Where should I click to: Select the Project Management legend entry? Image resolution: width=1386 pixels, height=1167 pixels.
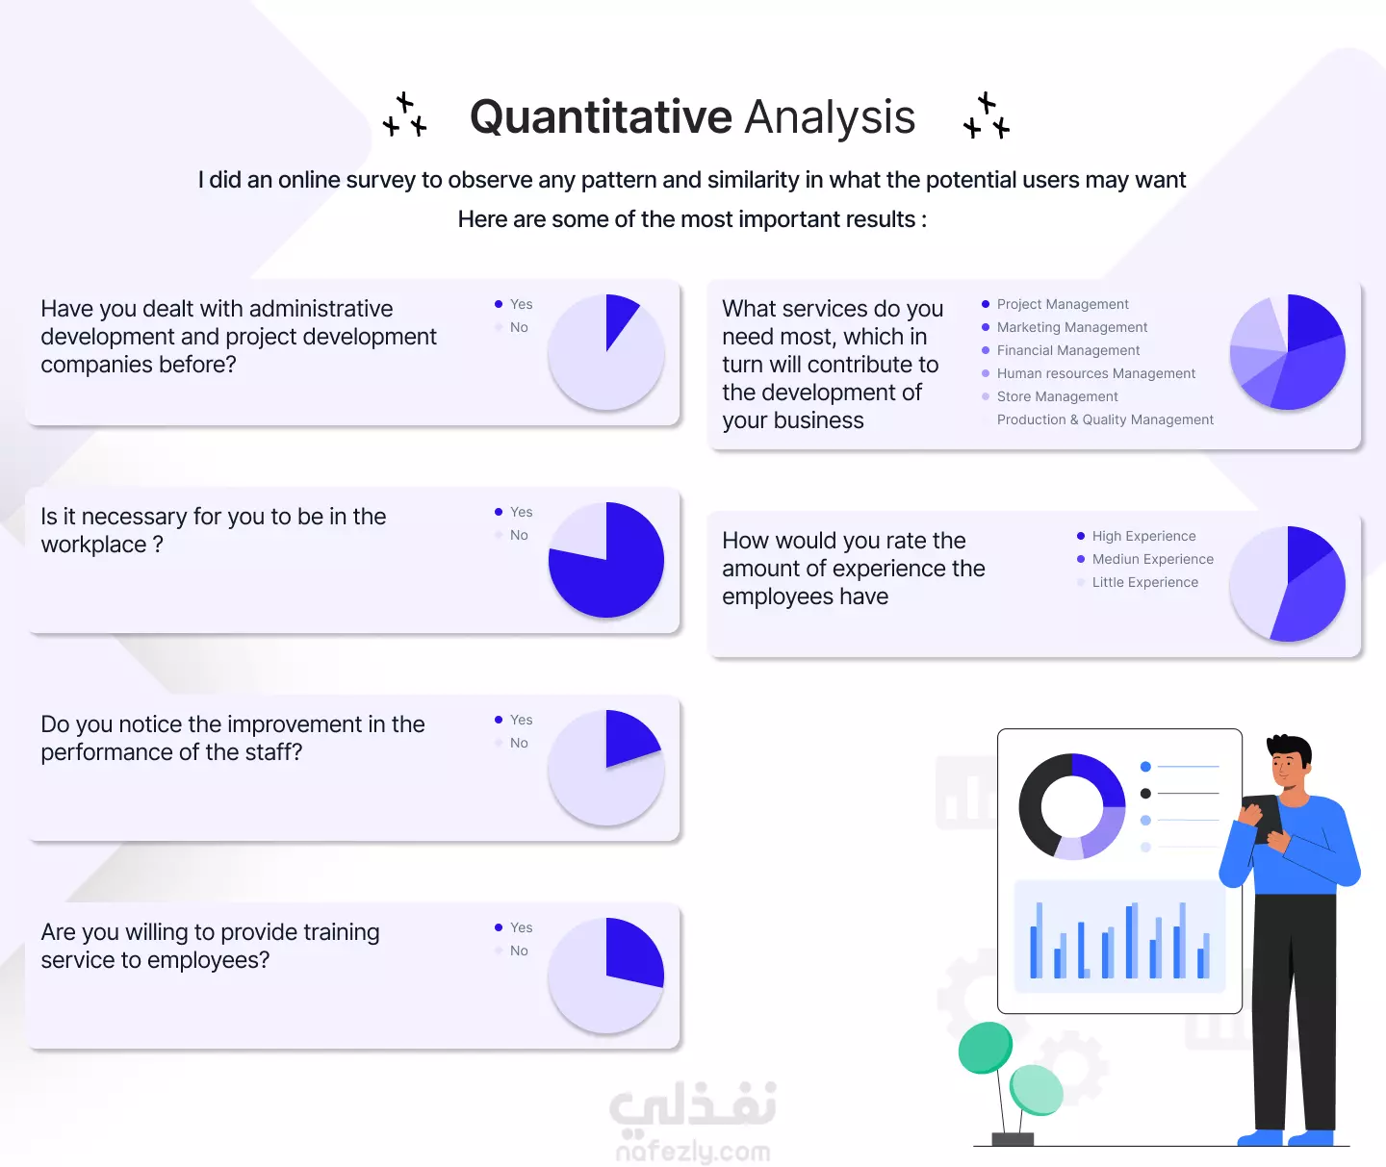(1062, 304)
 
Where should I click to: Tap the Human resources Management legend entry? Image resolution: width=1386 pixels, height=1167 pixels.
(1095, 373)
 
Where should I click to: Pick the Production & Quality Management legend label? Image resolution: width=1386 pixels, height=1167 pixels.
(1105, 419)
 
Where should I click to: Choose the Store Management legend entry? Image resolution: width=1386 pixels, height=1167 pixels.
(1057, 396)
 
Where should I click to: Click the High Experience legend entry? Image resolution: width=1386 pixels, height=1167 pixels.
(1143, 536)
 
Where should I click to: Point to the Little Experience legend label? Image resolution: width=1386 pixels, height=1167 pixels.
(1145, 582)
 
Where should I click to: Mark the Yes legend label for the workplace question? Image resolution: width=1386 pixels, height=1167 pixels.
(521, 512)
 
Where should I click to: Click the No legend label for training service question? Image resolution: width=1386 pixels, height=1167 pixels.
(519, 951)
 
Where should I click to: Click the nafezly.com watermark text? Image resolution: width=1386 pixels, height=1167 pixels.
(693, 1152)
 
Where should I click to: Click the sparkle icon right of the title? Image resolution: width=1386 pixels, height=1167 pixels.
(987, 115)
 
